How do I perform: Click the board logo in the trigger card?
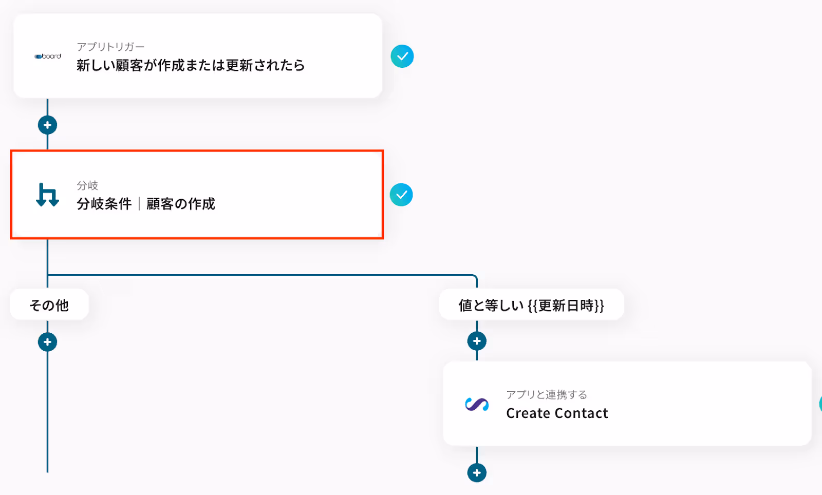(x=48, y=56)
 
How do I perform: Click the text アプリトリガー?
(x=110, y=47)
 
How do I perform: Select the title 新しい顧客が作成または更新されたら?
(x=191, y=65)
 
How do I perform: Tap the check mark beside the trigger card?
(x=402, y=56)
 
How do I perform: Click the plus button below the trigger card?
(x=47, y=125)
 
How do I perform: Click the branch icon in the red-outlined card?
(x=47, y=195)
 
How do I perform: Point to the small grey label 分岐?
(x=87, y=185)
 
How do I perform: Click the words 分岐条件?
(x=104, y=204)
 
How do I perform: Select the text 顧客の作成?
(x=181, y=204)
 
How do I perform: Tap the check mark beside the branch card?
(x=401, y=195)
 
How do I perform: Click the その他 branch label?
(x=49, y=305)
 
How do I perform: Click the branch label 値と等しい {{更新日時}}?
(x=531, y=305)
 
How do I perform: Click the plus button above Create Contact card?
(x=477, y=341)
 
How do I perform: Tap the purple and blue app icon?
(x=477, y=405)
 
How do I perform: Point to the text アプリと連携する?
(x=547, y=394)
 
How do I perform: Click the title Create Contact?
(x=557, y=413)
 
